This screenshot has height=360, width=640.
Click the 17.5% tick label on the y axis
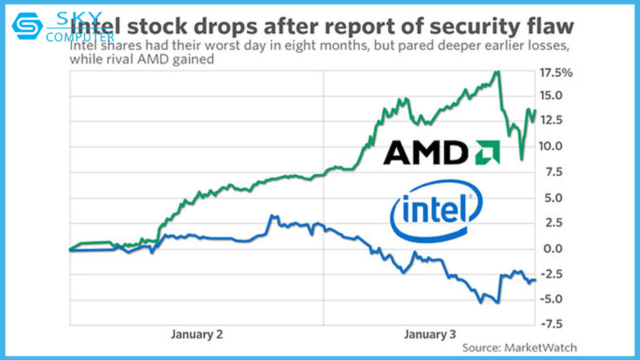click(555, 73)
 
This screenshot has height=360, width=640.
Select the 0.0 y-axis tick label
click(553, 248)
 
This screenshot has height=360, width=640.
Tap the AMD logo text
click(426, 152)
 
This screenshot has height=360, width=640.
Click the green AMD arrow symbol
click(487, 152)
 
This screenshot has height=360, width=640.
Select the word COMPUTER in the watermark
click(80, 36)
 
